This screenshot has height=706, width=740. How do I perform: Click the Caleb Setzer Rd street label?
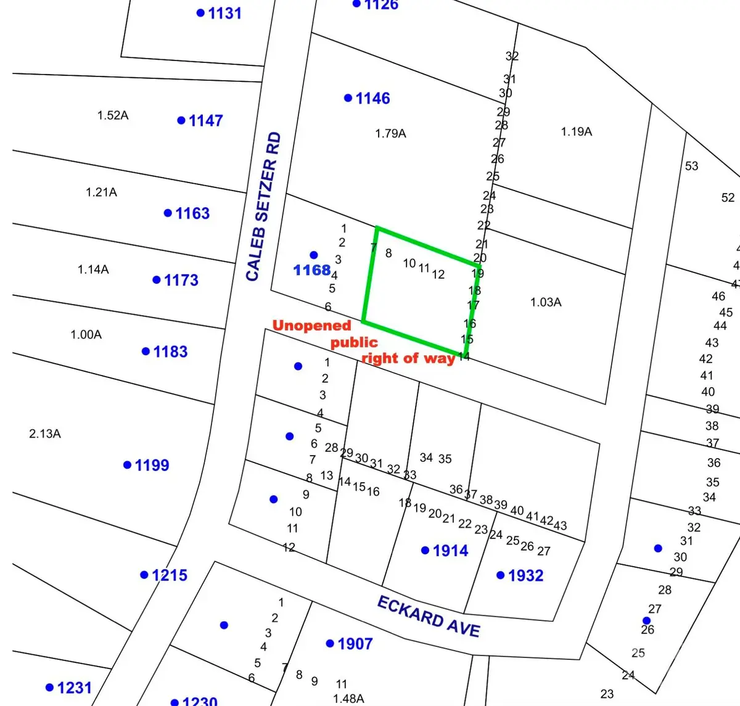[x=263, y=207]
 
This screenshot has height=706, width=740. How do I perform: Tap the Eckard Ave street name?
[x=429, y=616]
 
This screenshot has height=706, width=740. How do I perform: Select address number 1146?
[x=372, y=98]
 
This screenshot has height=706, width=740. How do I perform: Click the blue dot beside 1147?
[x=181, y=120]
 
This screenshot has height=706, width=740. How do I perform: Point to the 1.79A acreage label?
[x=390, y=133]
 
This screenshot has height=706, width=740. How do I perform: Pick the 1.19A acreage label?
[x=576, y=131]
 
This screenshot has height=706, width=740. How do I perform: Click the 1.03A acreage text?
[x=546, y=302]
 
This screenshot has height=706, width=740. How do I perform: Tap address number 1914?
[x=450, y=551]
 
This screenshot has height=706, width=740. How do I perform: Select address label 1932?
[x=525, y=575]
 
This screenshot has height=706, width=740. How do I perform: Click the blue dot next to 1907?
[x=330, y=644]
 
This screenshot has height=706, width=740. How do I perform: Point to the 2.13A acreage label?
[x=45, y=433]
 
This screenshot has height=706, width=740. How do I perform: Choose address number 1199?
[x=152, y=465]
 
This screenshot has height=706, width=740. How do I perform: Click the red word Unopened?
[x=311, y=326]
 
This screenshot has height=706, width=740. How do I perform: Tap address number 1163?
[x=192, y=213]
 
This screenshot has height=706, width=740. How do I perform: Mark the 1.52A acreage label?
[x=113, y=115]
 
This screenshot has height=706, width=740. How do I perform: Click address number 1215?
[x=169, y=575]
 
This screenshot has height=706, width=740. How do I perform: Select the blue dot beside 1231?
[x=49, y=688]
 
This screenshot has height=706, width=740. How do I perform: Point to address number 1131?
[x=224, y=13]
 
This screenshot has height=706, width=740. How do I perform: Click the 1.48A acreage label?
[x=348, y=699]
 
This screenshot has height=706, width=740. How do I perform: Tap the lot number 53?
[x=691, y=166]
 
